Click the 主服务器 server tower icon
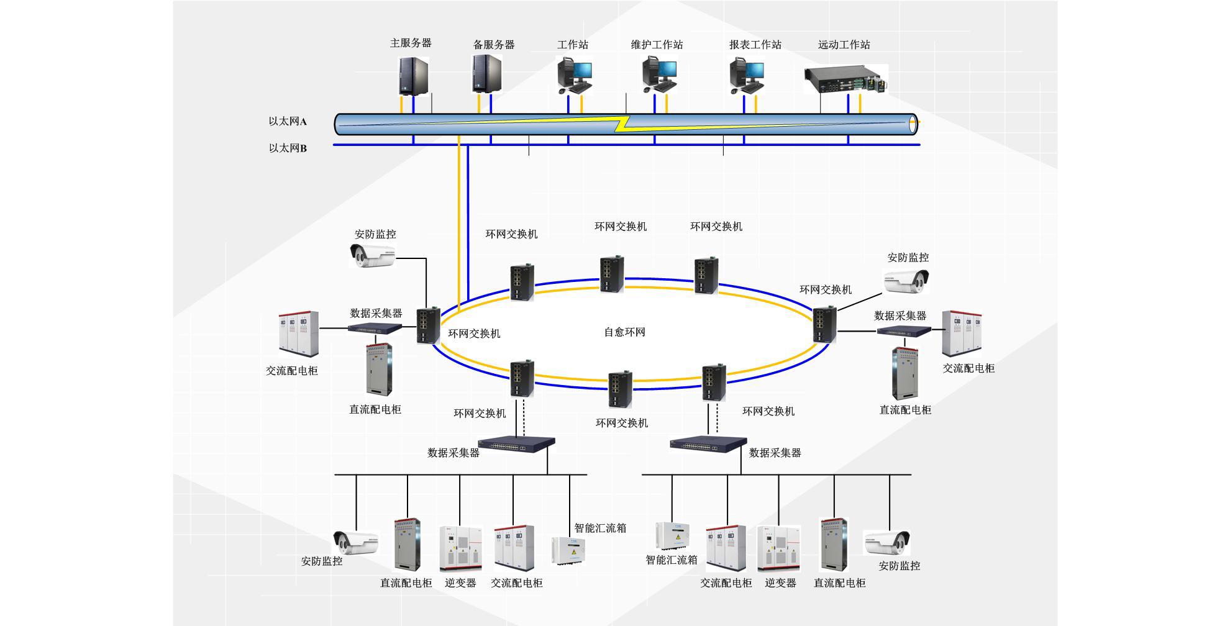(413, 76)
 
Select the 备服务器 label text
(494, 45)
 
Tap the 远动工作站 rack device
(845, 80)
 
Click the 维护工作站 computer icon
(658, 75)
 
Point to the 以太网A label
(288, 121)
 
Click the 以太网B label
(288, 148)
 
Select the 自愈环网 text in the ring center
(624, 332)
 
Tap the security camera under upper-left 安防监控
(372, 255)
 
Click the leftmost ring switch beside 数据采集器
(428, 325)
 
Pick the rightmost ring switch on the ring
(824, 324)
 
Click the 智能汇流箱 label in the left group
(599, 528)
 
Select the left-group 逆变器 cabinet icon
(460, 548)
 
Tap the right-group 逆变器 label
(780, 583)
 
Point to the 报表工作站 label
(755, 45)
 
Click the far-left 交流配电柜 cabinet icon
(298, 334)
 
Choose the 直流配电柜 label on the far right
(905, 410)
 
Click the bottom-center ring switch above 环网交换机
(620, 389)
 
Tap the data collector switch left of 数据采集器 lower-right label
(708, 443)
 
